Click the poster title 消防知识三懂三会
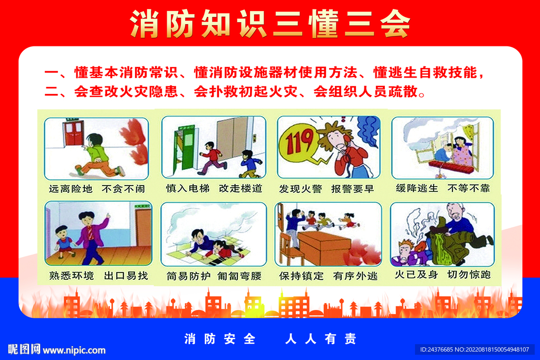point(270,24)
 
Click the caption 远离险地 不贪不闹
point(96,188)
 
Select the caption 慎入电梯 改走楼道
point(214,188)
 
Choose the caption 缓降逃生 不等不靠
point(443,188)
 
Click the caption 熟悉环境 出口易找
point(97,275)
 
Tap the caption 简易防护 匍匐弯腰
point(214,276)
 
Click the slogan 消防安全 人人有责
point(270,339)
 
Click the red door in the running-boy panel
point(73,132)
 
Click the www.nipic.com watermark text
point(74,350)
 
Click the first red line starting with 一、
point(264,72)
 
